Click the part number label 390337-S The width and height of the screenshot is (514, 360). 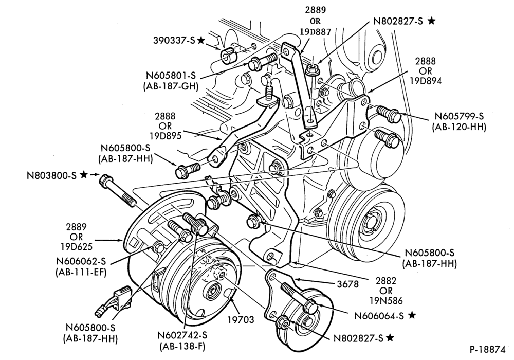coord(174,40)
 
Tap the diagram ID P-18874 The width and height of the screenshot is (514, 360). coord(487,350)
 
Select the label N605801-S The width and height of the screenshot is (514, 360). coord(171,76)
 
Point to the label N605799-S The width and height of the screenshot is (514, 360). coord(459,116)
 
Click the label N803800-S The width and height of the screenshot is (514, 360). coord(51,175)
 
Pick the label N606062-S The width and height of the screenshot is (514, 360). coord(82,261)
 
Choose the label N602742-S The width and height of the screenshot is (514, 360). coord(182,335)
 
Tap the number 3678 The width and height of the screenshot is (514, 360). coord(348,284)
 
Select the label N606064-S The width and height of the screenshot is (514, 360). coord(379,316)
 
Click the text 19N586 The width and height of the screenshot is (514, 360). coord(386,301)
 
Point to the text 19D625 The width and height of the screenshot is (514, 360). coord(76,246)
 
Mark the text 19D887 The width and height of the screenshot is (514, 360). coord(316,32)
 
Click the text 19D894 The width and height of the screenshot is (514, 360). coord(426,81)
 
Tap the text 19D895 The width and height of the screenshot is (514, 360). coord(165,136)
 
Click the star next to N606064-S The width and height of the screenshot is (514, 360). coord(412,315)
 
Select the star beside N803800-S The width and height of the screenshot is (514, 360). coord(84,175)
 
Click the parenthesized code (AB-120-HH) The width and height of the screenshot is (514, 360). coord(459,127)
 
